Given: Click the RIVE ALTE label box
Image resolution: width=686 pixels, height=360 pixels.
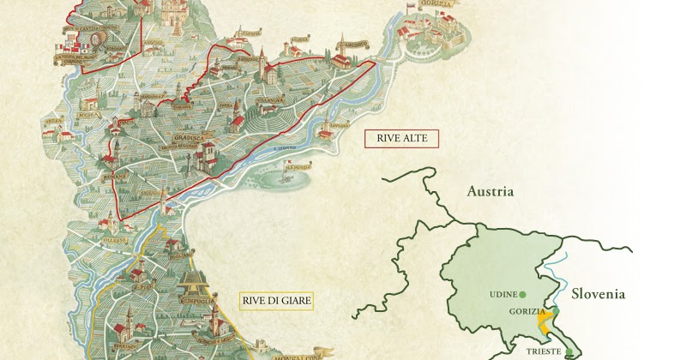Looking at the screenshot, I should [401, 138].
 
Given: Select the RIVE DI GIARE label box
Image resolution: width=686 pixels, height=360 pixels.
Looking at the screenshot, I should [275, 301].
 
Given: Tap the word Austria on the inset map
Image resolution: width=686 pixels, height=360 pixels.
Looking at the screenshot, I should [490, 191].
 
